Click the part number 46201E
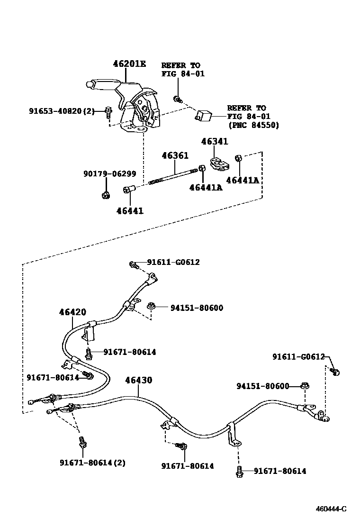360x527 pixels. (x=129, y=64)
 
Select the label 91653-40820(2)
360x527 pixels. (x=62, y=111)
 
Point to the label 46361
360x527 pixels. (x=175, y=155)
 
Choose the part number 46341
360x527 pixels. (x=214, y=142)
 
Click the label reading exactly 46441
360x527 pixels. (x=130, y=211)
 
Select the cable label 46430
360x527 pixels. (x=138, y=380)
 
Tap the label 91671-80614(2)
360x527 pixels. (x=92, y=462)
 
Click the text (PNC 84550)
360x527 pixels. (x=253, y=125)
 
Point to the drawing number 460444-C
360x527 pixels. (x=331, y=509)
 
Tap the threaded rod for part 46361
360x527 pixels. (x=173, y=177)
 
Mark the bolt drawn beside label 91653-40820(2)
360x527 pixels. (x=108, y=112)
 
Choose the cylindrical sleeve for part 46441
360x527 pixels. (x=129, y=190)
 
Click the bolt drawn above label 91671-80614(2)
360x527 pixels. (x=82, y=443)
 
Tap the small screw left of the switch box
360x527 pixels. (x=178, y=99)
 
